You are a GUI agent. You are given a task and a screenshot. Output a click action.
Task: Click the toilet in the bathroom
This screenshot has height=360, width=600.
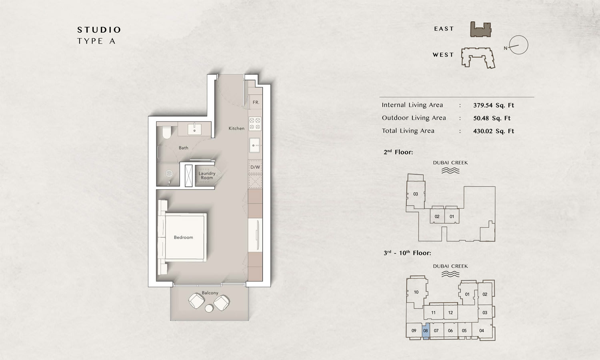167,132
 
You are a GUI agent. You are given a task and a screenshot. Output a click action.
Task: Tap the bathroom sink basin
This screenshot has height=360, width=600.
194,129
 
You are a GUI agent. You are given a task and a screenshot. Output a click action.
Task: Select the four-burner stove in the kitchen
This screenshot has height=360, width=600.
255,124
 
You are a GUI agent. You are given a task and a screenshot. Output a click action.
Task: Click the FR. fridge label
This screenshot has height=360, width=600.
256,102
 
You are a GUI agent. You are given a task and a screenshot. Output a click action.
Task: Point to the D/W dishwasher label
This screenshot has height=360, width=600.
255,167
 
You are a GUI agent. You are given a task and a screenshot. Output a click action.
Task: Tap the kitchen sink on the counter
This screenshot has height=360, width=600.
254,146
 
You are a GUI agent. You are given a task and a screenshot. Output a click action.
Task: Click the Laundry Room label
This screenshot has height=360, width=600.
207,176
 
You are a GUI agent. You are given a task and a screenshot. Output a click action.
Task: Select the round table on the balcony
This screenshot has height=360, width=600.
209,308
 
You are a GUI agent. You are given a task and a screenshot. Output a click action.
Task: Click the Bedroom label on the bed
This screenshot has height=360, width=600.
183,237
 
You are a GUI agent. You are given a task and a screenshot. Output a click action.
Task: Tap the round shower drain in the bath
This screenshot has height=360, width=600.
169,174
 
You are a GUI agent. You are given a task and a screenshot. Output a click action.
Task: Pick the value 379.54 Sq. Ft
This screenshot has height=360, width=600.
493,105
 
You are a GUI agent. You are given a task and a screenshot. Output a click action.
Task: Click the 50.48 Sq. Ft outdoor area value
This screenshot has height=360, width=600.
492,118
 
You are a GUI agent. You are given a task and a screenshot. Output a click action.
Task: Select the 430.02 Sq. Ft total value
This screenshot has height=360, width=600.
493,131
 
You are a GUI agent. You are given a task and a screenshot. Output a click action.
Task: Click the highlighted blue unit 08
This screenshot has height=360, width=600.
426,331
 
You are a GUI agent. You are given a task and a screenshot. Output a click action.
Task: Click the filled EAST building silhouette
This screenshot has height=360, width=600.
481,30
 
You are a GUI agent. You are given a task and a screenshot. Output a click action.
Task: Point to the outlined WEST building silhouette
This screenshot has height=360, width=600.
478,58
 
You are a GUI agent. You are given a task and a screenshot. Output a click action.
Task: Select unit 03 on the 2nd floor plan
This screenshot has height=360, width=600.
416,194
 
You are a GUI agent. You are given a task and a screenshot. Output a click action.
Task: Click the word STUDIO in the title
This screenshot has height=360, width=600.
99,30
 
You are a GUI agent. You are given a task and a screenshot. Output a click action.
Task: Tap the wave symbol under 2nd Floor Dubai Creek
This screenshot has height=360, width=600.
450,171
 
